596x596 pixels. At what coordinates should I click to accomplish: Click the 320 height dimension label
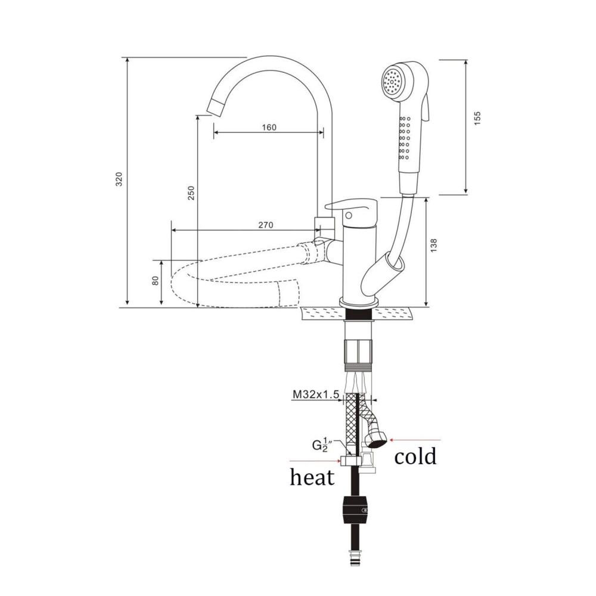coord(119,179)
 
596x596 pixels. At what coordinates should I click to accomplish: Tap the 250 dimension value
coord(191,193)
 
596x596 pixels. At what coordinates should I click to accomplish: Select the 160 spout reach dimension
coord(269,127)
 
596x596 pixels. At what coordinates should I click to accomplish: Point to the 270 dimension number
coord(266,225)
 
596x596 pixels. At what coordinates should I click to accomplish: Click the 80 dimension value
coord(155,281)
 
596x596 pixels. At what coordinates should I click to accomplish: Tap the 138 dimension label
coord(434,246)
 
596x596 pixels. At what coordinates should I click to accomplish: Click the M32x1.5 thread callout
coord(315,395)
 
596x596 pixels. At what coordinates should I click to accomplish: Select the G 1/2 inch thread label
coord(320,445)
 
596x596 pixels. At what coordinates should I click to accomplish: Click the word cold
coord(415,456)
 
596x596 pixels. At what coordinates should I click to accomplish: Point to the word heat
coord(312,476)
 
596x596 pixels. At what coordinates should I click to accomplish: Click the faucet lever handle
coord(351,207)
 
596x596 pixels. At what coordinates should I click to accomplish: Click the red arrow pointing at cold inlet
coord(415,440)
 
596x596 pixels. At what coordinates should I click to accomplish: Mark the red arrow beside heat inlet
coord(315,461)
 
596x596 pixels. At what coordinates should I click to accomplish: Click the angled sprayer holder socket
coord(382,275)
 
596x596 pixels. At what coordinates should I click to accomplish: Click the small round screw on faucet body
coord(349,216)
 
